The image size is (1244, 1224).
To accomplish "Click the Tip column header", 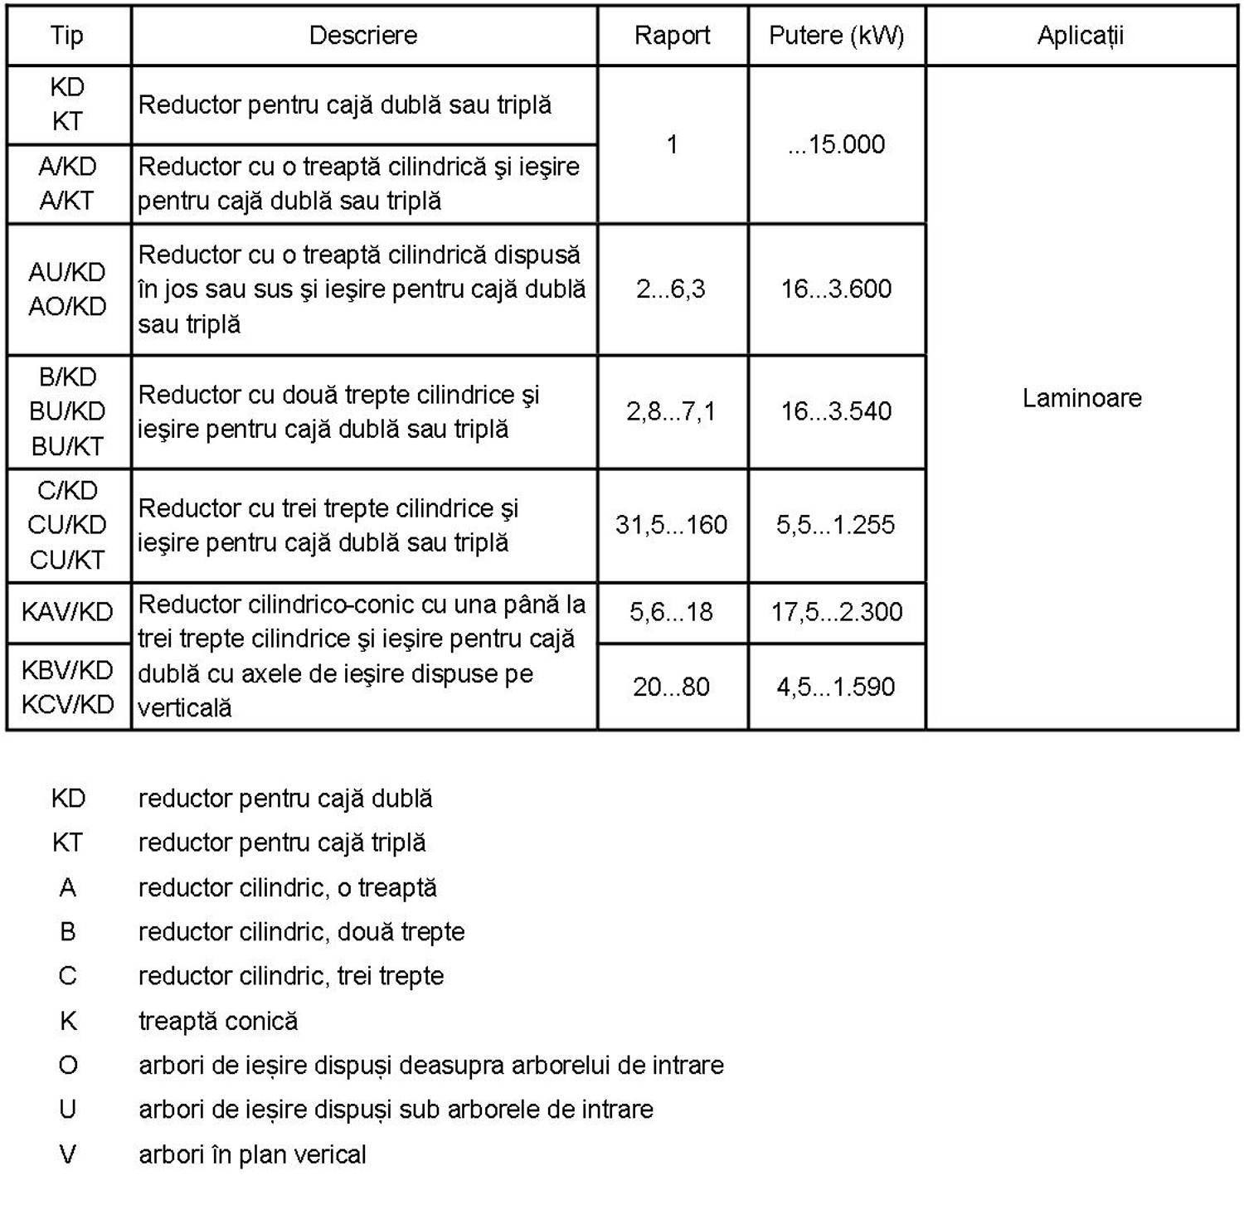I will (67, 36).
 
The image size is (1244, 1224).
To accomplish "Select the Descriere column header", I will (363, 36).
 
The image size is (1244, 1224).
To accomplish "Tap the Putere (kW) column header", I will (836, 36).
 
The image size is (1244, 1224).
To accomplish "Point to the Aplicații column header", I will (1081, 36).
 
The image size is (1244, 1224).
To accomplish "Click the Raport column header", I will (672, 36).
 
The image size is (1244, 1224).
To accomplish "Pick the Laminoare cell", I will (1081, 398).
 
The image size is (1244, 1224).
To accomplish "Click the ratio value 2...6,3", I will (671, 289).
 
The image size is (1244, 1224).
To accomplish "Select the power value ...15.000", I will (836, 144).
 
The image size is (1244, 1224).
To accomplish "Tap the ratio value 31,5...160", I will (671, 524).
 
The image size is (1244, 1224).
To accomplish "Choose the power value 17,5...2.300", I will (836, 612).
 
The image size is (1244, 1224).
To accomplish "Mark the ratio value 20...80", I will (671, 687).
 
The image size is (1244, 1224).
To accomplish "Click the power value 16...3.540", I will (836, 410).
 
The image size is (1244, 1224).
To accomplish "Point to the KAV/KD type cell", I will (67, 612).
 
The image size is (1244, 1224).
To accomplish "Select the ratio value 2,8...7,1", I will (671, 410).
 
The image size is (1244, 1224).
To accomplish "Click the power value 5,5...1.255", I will (836, 524).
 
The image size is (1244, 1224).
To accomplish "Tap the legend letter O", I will (68, 1065).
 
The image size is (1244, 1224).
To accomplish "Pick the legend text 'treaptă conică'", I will (218, 1021).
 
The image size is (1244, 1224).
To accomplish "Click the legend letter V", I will (68, 1154).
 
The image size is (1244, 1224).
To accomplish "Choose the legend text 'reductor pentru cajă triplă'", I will (282, 843).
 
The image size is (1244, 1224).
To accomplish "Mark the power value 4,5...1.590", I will (836, 687).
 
